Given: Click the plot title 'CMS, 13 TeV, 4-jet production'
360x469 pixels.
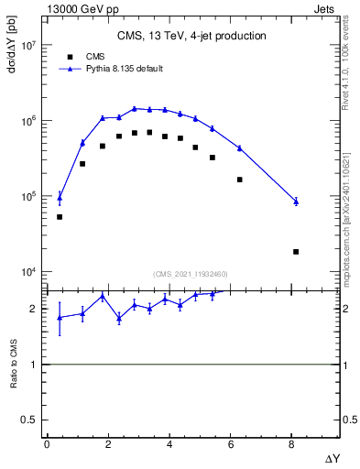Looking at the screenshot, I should point(191,37).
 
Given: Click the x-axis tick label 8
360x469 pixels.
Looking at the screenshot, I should point(292,443).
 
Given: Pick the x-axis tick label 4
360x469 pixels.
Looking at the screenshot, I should point(169,443).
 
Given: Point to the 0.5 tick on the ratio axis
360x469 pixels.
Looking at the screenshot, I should point(28,420).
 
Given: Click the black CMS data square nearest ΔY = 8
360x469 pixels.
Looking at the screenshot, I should point(296,252).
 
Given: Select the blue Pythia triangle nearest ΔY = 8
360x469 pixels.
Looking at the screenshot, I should point(296,202).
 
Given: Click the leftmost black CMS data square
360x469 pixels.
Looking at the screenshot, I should point(60,217).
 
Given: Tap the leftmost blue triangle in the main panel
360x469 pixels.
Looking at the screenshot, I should point(60,197).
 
